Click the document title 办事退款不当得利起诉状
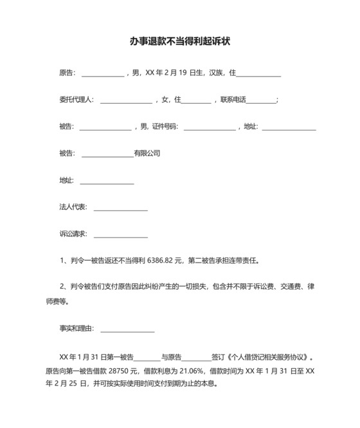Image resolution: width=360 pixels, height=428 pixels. pyautogui.click(x=180, y=41)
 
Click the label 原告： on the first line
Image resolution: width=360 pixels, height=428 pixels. pyautogui.click(x=67, y=73)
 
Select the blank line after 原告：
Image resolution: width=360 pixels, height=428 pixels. pyautogui.click(x=102, y=75)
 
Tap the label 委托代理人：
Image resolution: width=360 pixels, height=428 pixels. pyautogui.click(x=76, y=100)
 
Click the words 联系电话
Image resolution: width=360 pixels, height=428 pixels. pyautogui.click(x=233, y=100)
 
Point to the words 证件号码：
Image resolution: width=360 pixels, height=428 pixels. pyautogui.click(x=165, y=127)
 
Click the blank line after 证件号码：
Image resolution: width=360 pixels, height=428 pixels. pyautogui.click(x=210, y=128)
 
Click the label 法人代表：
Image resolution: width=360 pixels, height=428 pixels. pyautogui.click(x=73, y=207)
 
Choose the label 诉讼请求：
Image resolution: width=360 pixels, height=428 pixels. pyautogui.click(x=73, y=234)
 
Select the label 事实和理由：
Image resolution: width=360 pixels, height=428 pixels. pyautogui.click(x=76, y=328)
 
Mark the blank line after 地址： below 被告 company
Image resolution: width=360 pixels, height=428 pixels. pyautogui.click(x=107, y=181)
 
